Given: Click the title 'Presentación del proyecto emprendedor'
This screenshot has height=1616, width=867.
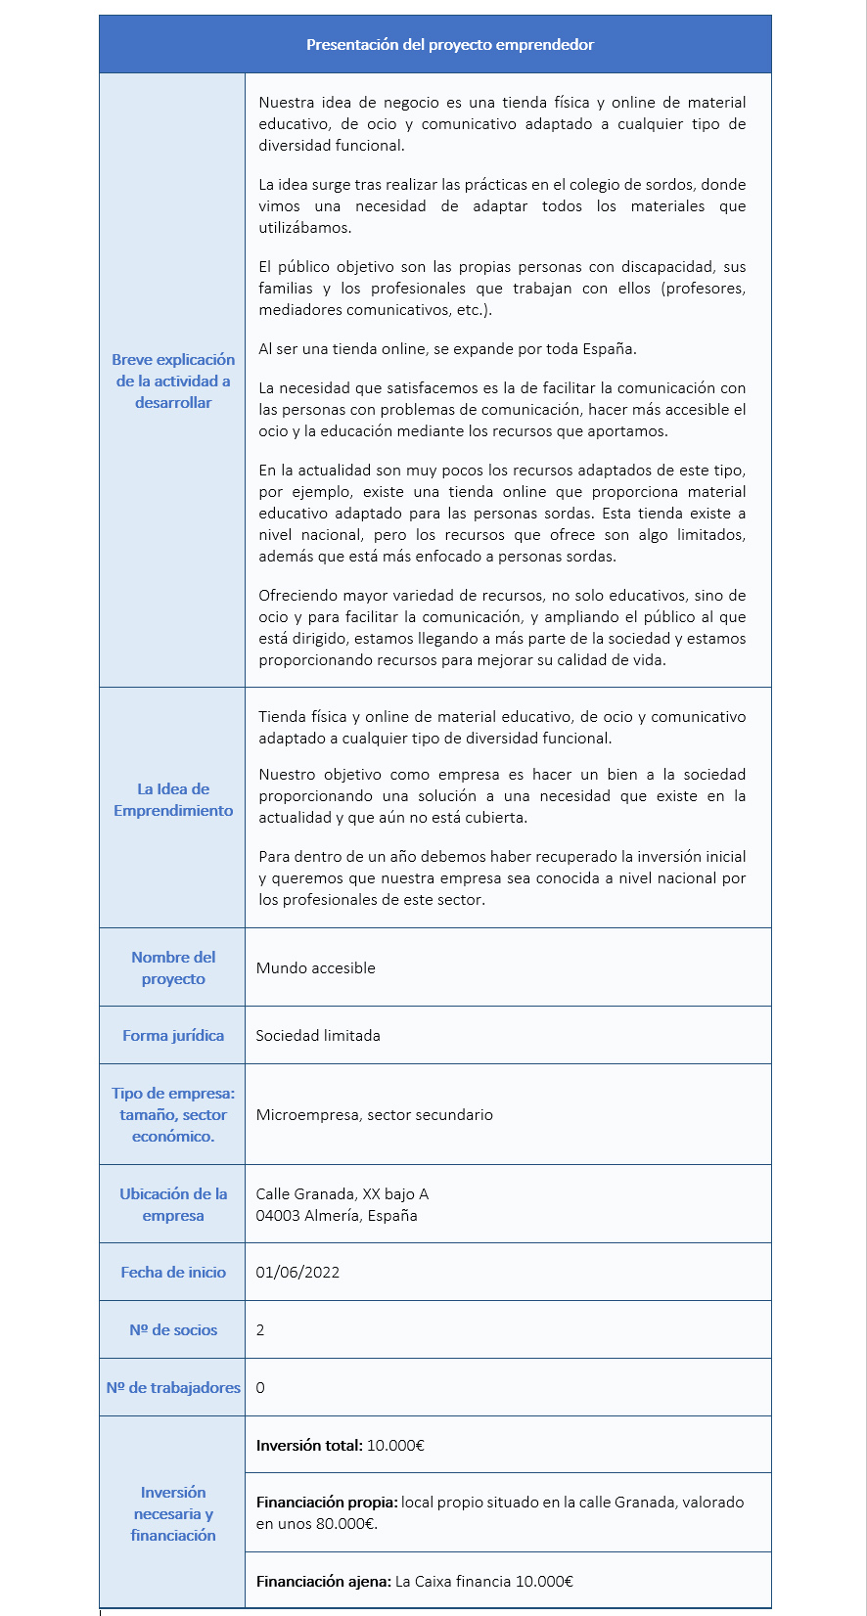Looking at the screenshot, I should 449,45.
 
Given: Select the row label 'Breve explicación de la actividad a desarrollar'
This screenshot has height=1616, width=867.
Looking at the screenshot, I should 173,381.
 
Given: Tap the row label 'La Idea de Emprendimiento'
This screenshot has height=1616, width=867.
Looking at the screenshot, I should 173,799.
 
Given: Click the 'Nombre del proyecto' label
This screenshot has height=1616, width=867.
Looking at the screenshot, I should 173,967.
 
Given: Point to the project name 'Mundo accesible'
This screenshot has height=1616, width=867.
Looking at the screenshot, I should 315,968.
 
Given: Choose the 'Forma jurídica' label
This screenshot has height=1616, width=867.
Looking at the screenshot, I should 173,1035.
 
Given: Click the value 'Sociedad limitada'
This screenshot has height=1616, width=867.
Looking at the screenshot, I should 318,1036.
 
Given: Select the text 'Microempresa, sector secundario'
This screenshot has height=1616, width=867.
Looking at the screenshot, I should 374,1115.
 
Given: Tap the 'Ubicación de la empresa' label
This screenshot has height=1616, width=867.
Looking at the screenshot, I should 173,1204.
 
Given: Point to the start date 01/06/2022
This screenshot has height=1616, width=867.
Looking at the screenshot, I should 297,1273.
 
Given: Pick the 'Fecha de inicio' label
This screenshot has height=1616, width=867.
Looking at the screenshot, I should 173,1272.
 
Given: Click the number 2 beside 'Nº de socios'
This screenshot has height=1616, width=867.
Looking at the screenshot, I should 260,1330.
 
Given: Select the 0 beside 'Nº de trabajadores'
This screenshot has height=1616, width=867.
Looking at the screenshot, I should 260,1388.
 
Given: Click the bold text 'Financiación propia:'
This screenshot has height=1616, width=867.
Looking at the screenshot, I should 327,1503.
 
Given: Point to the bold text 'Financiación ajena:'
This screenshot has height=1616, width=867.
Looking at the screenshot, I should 324,1582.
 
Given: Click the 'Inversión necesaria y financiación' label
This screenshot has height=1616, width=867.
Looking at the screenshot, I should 173,1513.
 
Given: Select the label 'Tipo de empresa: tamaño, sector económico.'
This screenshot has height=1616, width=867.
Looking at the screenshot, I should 173,1114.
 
